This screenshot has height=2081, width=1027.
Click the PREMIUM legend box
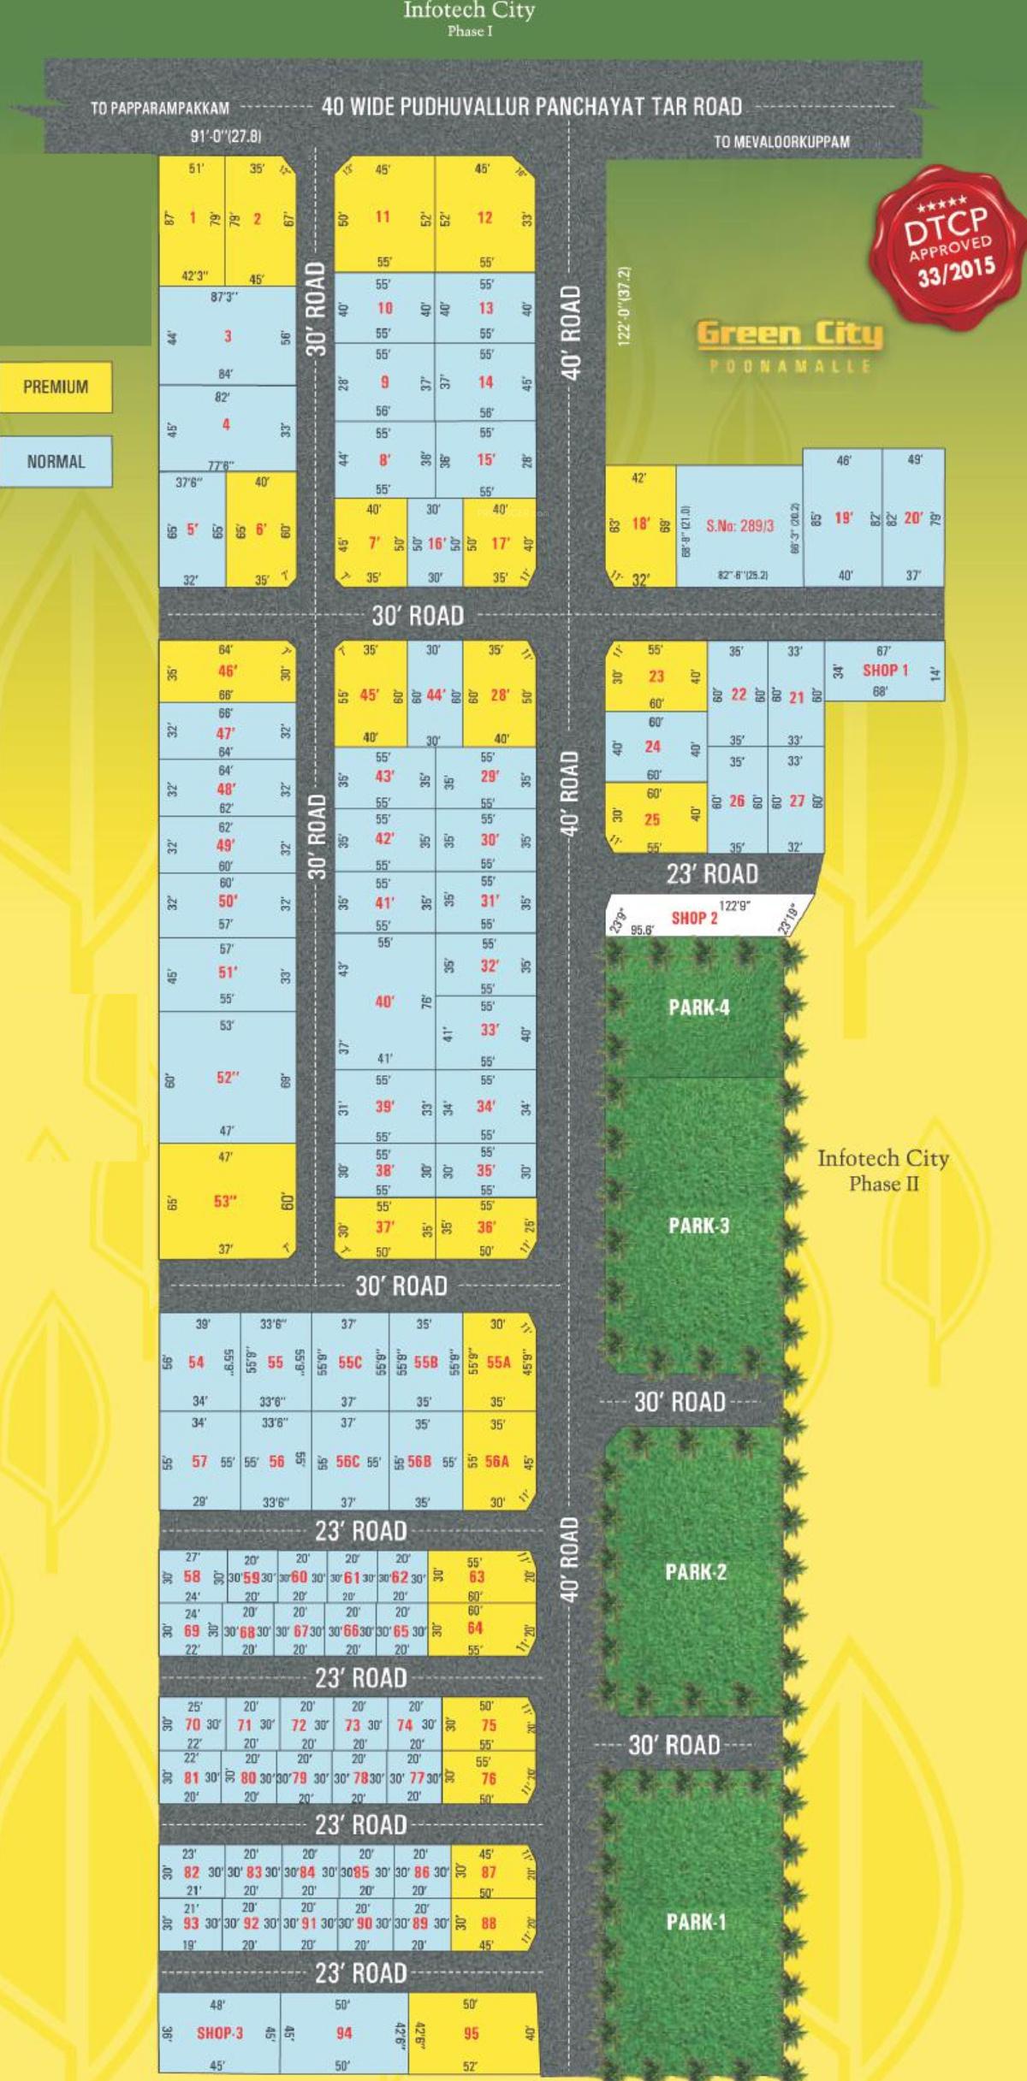click(56, 387)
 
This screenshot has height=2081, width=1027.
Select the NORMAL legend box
click(56, 462)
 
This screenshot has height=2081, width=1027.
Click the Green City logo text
click(788, 334)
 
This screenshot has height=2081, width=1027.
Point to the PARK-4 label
click(698, 1007)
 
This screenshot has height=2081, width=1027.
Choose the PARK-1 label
click(695, 1922)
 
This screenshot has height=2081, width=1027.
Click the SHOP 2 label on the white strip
click(694, 918)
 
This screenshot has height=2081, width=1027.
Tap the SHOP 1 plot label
click(884, 671)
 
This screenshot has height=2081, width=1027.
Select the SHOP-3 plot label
click(220, 2033)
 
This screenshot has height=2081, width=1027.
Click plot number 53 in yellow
click(224, 1201)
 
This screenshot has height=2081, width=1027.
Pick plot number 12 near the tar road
click(484, 217)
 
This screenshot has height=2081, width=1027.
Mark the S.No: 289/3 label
click(739, 526)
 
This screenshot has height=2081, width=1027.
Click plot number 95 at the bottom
click(471, 2033)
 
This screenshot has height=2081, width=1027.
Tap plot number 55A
click(498, 1363)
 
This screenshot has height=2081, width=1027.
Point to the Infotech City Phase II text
click(882, 1170)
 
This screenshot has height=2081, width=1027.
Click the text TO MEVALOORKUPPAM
click(781, 142)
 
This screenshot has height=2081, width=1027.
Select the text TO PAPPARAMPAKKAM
click(160, 109)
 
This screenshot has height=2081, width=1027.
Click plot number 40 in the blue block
click(384, 1001)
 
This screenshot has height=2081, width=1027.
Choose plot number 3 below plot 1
click(228, 336)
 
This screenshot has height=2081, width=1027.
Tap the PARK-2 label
click(695, 1571)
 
